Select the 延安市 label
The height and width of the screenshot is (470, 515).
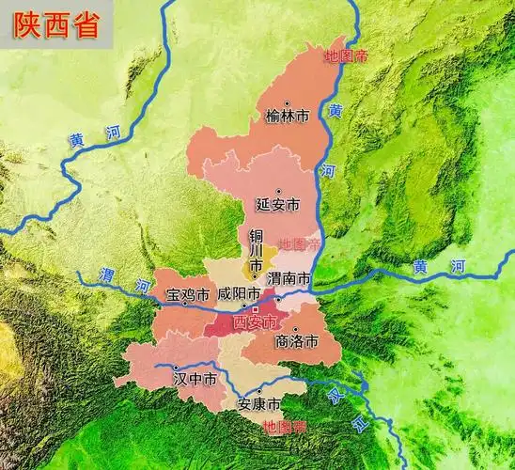coord(277,204)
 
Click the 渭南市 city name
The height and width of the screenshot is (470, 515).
coord(289,279)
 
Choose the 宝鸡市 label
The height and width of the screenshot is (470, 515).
coord(187,295)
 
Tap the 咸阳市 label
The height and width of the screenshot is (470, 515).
coord(239,294)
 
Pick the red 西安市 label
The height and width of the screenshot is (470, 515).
coord(256,322)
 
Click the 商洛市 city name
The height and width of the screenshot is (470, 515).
coord(296,342)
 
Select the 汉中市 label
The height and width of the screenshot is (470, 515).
coord(195,380)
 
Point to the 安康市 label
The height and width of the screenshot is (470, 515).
coord(258,405)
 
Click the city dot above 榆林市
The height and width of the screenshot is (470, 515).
coord(288,104)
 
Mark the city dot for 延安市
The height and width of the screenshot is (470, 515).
coord(278,191)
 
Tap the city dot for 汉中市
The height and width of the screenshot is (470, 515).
coord(176,367)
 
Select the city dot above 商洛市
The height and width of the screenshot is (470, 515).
coord(295,329)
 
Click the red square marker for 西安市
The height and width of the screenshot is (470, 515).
coord(255,309)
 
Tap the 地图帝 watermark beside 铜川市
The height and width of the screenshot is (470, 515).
coord(299,243)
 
